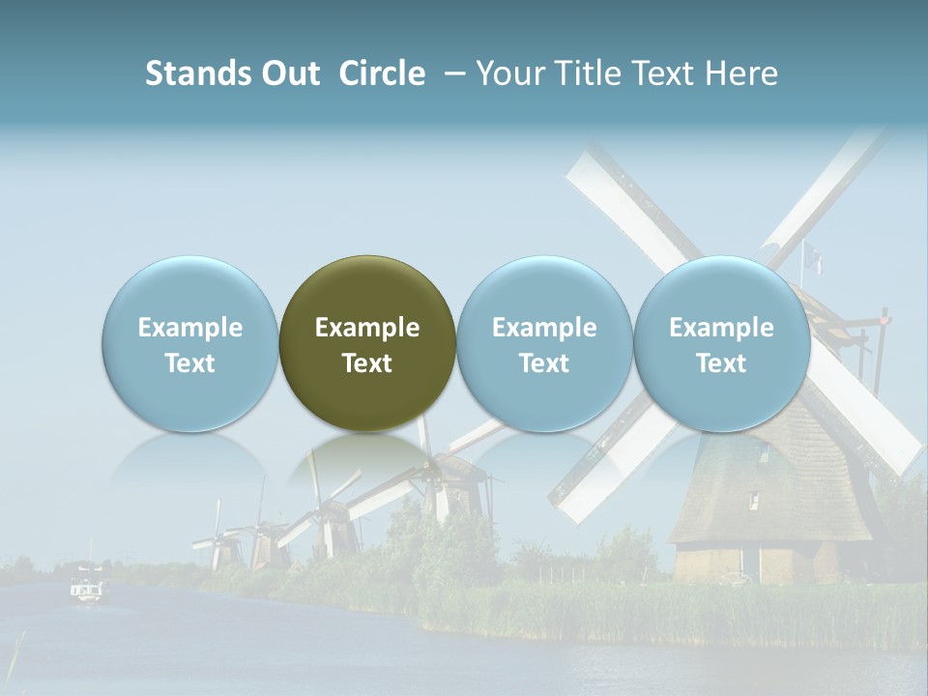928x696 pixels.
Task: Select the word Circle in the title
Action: (382, 73)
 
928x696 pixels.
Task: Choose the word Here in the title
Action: (744, 73)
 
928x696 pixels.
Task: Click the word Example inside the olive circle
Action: (367, 328)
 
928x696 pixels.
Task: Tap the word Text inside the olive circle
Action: (367, 363)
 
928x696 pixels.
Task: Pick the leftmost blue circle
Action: (190, 343)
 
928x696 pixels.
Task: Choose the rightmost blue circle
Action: (721, 343)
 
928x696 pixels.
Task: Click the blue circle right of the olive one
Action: (544, 343)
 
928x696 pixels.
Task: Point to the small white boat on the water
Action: (87, 589)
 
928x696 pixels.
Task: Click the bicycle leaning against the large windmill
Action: (735, 577)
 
